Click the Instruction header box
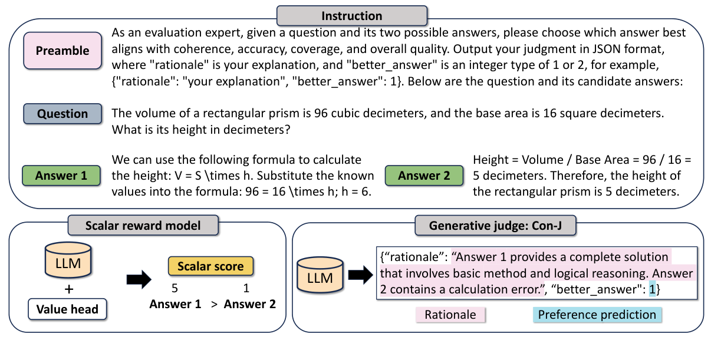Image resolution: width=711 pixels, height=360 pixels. [351, 16]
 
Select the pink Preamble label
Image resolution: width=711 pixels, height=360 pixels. [62, 51]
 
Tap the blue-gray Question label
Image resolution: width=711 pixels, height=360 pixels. [62, 114]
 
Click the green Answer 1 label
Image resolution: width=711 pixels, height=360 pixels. [61, 175]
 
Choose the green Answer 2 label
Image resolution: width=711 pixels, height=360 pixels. [423, 175]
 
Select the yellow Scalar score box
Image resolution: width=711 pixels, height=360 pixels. [210, 266]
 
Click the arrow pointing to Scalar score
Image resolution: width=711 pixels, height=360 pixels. [139, 279]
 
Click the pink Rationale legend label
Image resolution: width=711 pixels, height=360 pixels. [450, 315]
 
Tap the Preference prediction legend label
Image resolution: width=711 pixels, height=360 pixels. [597, 315]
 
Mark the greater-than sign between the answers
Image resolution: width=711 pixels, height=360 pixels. [213, 305]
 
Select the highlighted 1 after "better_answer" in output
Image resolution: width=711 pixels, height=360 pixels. [652, 290]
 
